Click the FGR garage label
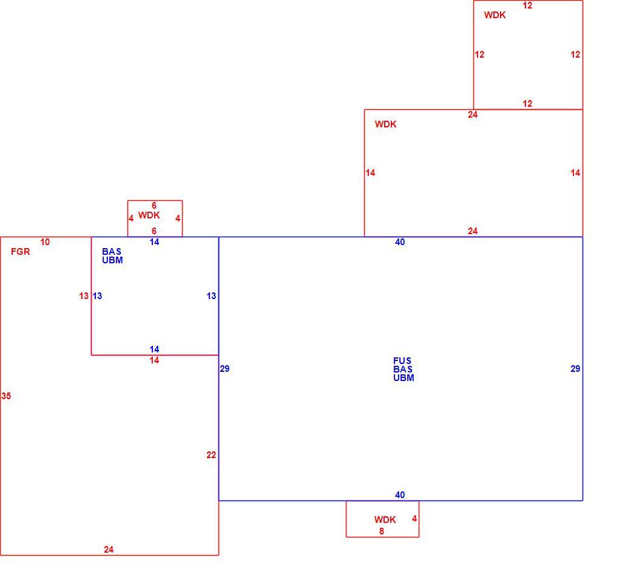click(21, 251)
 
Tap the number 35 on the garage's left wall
click(6, 396)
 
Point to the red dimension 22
click(211, 454)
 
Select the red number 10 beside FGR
click(45, 242)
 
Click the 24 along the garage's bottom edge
click(109, 550)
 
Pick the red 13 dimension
click(84, 295)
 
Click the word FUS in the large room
click(402, 360)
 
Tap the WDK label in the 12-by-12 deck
click(495, 15)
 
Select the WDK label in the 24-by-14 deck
click(386, 124)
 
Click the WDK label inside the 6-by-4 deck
click(149, 215)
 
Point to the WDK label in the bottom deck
click(385, 520)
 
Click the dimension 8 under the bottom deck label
click(382, 531)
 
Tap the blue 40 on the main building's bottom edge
click(400, 495)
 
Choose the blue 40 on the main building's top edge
click(400, 242)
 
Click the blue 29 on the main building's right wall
click(575, 369)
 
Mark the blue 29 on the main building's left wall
click(225, 369)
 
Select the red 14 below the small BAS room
click(154, 360)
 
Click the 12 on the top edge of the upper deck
click(527, 5)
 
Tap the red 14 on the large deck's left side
click(370, 172)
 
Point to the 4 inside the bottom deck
click(414, 519)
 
